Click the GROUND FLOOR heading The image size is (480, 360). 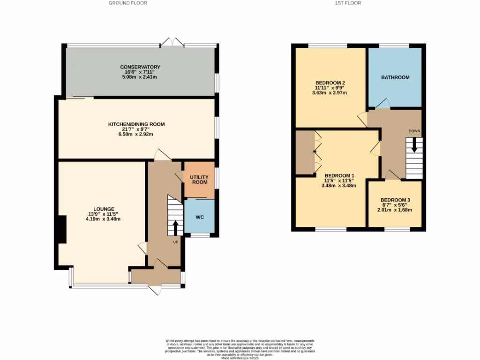(127, 3)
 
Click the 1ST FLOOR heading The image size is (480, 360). (348, 3)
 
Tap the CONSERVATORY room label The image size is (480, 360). (140, 67)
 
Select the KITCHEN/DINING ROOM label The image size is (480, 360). (136, 124)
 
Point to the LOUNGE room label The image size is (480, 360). (104, 209)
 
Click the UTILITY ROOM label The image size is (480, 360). (199, 179)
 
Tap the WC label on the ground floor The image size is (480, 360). (199, 217)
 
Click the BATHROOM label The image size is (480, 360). (395, 77)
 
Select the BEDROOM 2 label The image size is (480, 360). (330, 83)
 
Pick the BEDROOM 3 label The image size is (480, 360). (395, 199)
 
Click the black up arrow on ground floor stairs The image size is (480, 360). (176, 228)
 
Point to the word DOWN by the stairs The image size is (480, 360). (414, 131)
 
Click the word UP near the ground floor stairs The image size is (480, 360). (176, 242)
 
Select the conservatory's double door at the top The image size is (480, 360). (172, 42)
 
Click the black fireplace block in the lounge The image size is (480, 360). (61, 229)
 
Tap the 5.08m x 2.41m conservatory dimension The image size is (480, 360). (140, 77)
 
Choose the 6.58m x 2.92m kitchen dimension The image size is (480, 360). (136, 134)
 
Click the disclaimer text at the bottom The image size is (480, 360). (240, 349)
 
